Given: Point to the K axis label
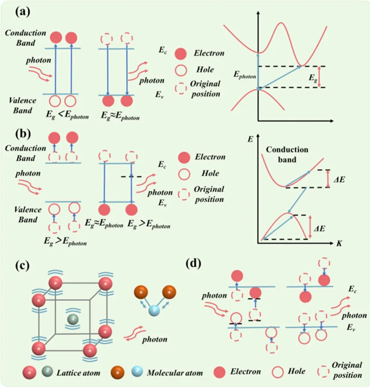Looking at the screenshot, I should pos(339,244).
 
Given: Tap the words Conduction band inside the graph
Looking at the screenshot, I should pos(287,155).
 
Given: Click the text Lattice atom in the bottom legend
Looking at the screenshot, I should pos(78,373).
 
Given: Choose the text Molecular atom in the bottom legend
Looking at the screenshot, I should pos(174,373).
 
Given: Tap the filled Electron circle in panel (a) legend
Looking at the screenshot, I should pos(181,54).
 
